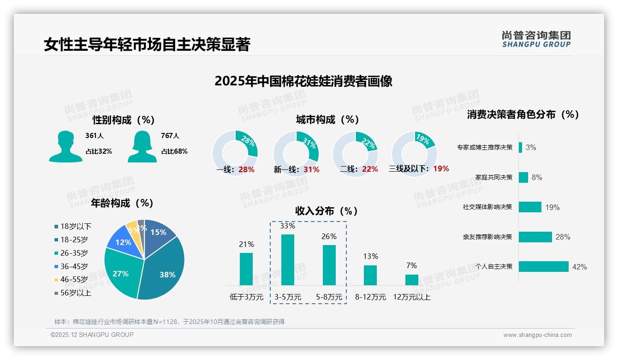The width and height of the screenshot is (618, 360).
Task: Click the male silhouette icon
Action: [65, 146]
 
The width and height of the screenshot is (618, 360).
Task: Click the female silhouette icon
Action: [142, 146]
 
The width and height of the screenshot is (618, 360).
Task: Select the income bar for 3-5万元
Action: [288, 260]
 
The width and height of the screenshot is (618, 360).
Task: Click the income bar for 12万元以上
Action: [412, 280]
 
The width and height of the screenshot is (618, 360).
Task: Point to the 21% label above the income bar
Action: [246, 244]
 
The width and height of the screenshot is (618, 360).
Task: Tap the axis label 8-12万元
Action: [370, 297]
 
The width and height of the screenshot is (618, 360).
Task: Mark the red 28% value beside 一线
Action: [246, 169]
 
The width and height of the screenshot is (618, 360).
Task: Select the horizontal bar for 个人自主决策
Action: [543, 267]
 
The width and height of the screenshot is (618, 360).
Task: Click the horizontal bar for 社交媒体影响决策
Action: [530, 207]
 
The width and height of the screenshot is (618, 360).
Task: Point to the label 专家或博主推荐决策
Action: [484, 148]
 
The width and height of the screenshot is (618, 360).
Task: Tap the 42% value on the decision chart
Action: [579, 267]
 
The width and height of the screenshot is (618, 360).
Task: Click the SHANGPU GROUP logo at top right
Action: [536, 39]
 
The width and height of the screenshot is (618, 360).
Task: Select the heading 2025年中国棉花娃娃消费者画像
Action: [303, 81]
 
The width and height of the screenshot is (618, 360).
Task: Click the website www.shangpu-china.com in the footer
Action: [537, 335]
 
